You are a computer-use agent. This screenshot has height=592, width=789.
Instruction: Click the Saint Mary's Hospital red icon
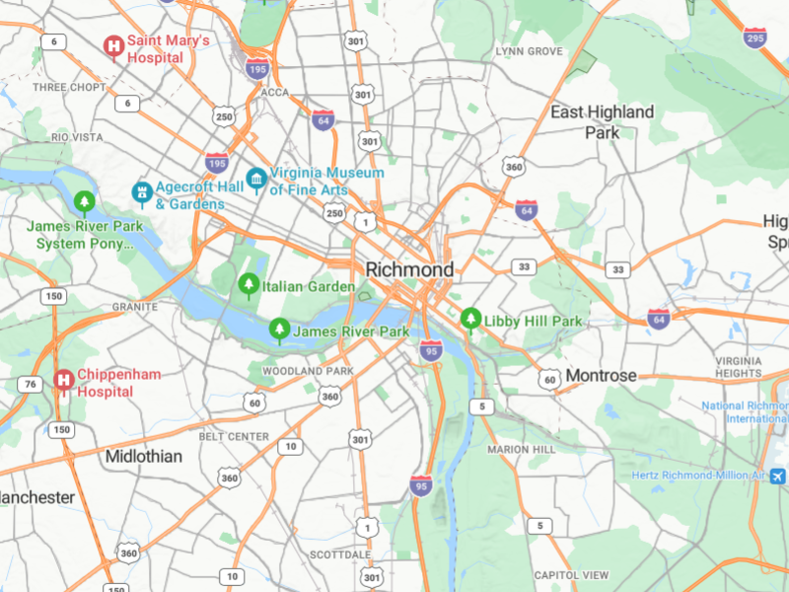point(114,45)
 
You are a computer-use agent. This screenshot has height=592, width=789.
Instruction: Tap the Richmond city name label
point(409,269)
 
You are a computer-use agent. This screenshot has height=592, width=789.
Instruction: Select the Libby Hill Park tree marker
point(471,320)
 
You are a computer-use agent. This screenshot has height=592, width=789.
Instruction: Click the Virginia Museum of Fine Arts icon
point(256,179)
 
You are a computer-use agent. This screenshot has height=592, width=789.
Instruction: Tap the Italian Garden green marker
point(248,286)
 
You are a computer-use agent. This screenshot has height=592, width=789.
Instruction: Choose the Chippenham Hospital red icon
point(64,381)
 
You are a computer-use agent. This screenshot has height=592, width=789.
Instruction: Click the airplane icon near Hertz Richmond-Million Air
point(779,476)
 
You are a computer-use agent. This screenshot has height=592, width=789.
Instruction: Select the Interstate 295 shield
point(754,37)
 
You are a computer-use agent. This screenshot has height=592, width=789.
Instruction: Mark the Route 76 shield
point(32,384)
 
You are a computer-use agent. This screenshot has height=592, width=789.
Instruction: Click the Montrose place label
point(601,376)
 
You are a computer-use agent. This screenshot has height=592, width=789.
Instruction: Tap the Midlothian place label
point(143,456)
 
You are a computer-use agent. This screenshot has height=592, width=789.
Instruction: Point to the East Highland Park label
point(602,121)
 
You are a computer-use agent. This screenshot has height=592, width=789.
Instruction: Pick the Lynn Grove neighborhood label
point(529,51)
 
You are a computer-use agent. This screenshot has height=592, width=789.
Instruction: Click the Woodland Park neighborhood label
point(307,371)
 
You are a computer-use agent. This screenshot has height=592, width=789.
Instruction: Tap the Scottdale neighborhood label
point(339,555)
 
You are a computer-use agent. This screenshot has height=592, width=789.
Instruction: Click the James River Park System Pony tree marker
point(84,203)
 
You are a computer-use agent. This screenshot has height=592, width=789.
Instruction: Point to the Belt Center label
point(233,436)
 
